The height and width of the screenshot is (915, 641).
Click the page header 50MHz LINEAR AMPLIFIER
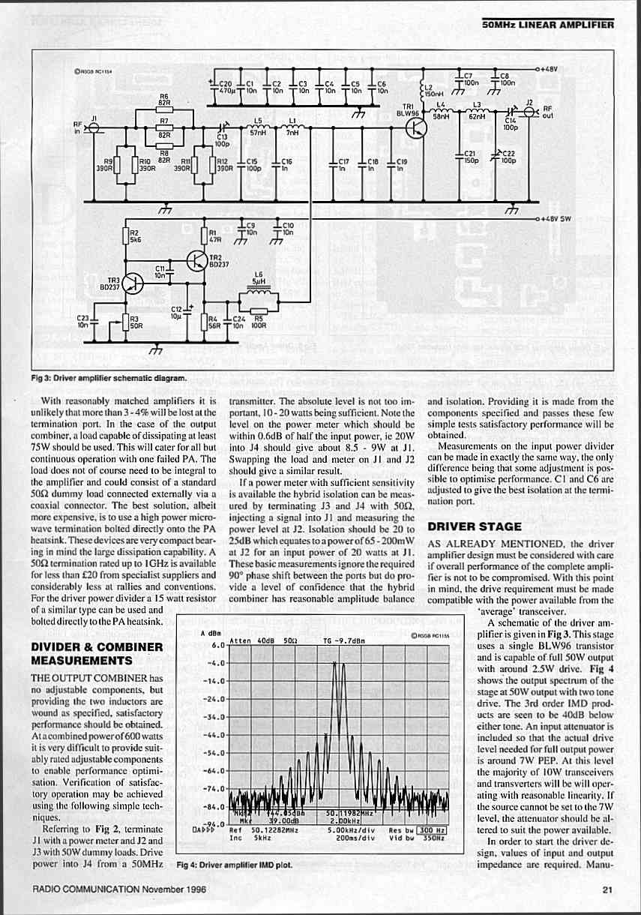pyautogui.click(x=548, y=24)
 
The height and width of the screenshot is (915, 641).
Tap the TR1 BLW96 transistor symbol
pyautogui.click(x=415, y=129)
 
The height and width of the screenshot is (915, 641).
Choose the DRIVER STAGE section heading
pyautogui.click(x=474, y=526)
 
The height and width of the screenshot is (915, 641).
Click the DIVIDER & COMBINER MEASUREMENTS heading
pyautogui.click(x=95, y=653)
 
